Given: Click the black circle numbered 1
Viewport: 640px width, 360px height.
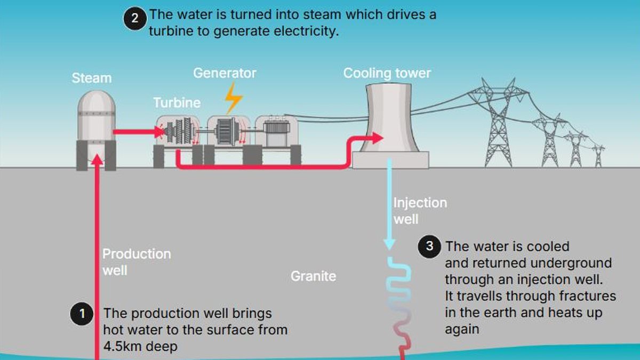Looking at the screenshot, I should (82, 314).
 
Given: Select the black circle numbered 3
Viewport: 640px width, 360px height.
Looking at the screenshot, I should (429, 247).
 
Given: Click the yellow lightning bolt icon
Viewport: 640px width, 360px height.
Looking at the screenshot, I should (233, 98).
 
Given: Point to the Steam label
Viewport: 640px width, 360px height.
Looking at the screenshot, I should (92, 78).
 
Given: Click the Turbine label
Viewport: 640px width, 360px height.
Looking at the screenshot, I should (177, 102).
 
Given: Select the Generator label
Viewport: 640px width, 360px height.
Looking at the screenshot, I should (225, 73).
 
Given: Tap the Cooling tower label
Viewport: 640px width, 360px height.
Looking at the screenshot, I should (387, 73).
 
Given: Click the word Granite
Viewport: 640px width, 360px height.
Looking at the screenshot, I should (313, 276).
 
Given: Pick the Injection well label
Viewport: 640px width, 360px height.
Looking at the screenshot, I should (419, 211).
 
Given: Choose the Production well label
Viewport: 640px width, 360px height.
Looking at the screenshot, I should (136, 261).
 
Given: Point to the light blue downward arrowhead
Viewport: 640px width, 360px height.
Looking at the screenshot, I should (390, 244).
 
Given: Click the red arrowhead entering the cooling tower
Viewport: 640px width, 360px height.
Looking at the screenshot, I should (377, 139).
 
